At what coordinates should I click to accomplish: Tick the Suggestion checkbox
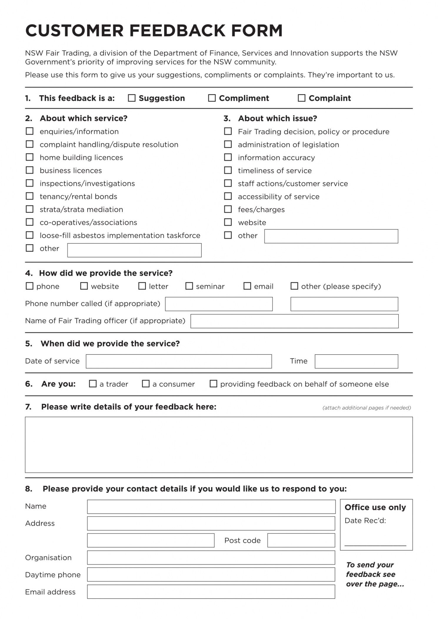point(131,98)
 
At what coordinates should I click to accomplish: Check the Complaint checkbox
point(302,98)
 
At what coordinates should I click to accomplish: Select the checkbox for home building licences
point(30,157)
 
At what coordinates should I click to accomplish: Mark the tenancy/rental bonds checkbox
point(30,196)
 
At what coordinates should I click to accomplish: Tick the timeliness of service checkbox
point(228,170)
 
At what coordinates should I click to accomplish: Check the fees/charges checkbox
point(228,209)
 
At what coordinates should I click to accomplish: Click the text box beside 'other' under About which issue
point(331,236)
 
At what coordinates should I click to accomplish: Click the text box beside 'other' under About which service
point(134,250)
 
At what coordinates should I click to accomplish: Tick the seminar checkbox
point(189,286)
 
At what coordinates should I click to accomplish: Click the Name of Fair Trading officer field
point(294,321)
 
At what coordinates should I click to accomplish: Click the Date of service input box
point(179,361)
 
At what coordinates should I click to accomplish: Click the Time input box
point(356,361)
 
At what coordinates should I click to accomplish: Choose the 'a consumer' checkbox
point(146,384)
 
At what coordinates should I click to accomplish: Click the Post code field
point(301,540)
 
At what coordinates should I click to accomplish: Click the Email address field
point(211,592)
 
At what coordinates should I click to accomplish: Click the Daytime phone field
point(211,574)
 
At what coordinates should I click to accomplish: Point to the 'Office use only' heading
point(375,507)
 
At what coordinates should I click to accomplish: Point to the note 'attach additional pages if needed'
point(367,408)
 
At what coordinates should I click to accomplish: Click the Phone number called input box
point(219,304)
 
